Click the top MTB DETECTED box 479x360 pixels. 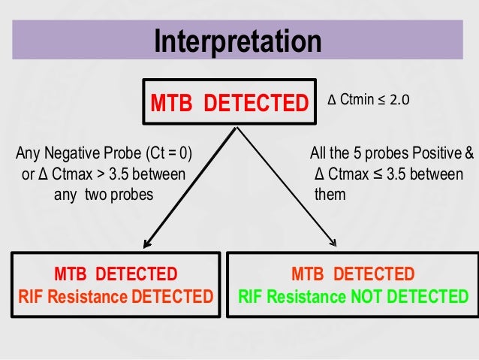pyautogui.click(x=230, y=101)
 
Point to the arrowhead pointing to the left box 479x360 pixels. pyautogui.click(x=146, y=242)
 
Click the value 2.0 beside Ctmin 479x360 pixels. pyautogui.click(x=399, y=99)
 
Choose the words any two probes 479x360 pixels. pyautogui.click(x=104, y=195)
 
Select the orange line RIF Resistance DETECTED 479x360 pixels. pyautogui.click(x=116, y=296)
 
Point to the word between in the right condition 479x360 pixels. pyautogui.click(x=445, y=175)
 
